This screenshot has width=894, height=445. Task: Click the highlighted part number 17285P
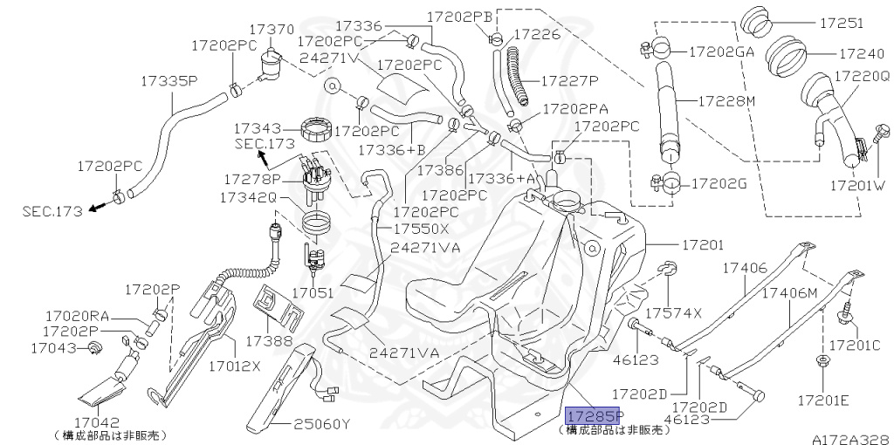coord(595,415)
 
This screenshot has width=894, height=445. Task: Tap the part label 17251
coord(841,24)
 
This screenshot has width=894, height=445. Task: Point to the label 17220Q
coord(860,77)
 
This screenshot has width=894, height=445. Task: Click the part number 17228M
coord(726,100)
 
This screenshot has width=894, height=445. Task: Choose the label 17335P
coord(169,81)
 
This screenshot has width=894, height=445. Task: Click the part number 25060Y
coord(320,425)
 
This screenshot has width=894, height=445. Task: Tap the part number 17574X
coord(673,311)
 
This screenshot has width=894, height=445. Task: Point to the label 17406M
coord(790,292)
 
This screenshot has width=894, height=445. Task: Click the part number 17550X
coord(420,229)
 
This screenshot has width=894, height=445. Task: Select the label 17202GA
coord(721,51)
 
